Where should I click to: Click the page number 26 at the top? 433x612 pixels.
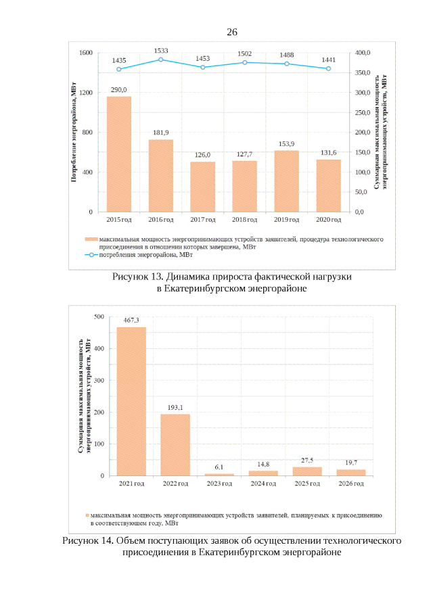pos(232,32)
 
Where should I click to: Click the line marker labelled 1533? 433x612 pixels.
pos(160,60)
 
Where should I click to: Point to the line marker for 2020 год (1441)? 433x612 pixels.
pos(329,68)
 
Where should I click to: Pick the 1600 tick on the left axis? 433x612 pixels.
pos(86,53)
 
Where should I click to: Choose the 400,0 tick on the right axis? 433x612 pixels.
pos(363,53)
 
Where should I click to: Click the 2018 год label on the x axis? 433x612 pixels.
pos(244,220)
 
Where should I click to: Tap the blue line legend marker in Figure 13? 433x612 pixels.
pos(90,256)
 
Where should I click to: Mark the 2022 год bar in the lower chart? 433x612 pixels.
pos(175,444)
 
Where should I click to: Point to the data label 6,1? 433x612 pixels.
pos(219,467)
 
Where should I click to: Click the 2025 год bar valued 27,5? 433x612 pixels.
pos(306,471)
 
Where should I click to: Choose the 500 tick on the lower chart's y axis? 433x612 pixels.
pos(99,316)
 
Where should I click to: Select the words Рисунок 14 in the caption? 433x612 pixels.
pos(88,541)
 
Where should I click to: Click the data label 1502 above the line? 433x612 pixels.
pos(244,53)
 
